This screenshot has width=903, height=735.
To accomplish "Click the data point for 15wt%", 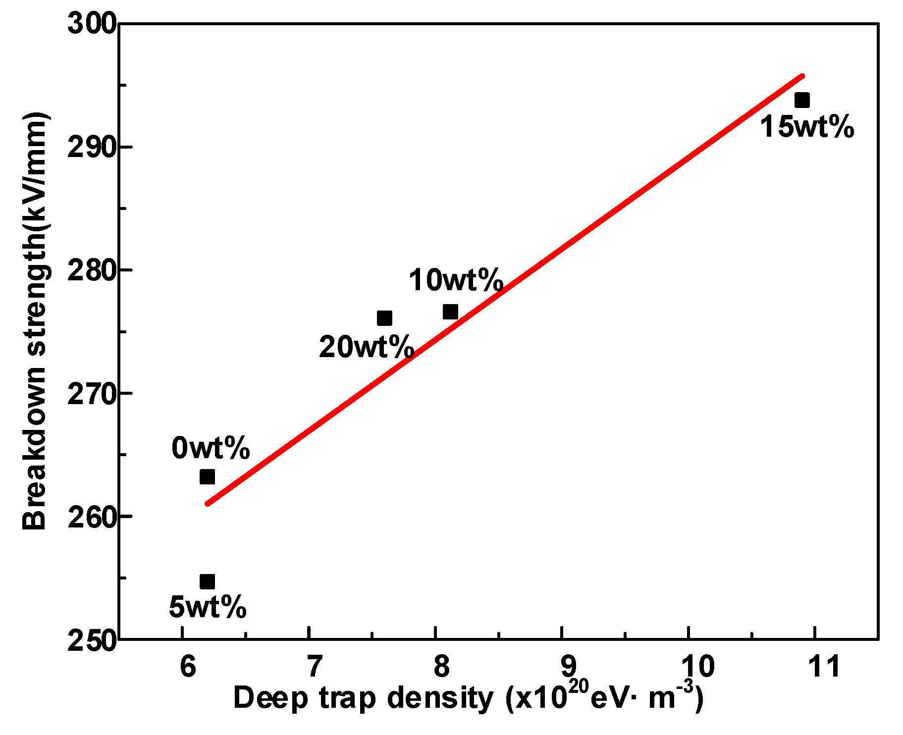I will click(801, 101).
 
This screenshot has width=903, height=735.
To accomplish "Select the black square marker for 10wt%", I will click(450, 312).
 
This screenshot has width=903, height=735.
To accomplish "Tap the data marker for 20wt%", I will click(384, 318).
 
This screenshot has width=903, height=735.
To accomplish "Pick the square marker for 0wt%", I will click(207, 477).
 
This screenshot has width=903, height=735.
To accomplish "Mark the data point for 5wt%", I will click(207, 582).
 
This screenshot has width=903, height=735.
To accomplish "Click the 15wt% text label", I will click(807, 127).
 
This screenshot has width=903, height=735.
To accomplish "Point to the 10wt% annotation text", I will click(456, 280).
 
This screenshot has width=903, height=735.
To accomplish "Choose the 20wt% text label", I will click(366, 347).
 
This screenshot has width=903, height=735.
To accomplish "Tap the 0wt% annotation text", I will click(211, 449).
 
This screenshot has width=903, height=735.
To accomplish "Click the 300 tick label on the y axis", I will click(92, 23).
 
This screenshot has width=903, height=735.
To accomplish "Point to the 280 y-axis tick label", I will click(92, 270).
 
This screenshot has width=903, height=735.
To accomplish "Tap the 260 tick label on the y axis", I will click(92, 517).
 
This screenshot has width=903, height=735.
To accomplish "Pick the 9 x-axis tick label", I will click(568, 667).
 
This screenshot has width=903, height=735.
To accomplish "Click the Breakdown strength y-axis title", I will click(35, 322).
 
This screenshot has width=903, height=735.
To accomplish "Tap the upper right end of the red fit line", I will click(802, 76).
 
